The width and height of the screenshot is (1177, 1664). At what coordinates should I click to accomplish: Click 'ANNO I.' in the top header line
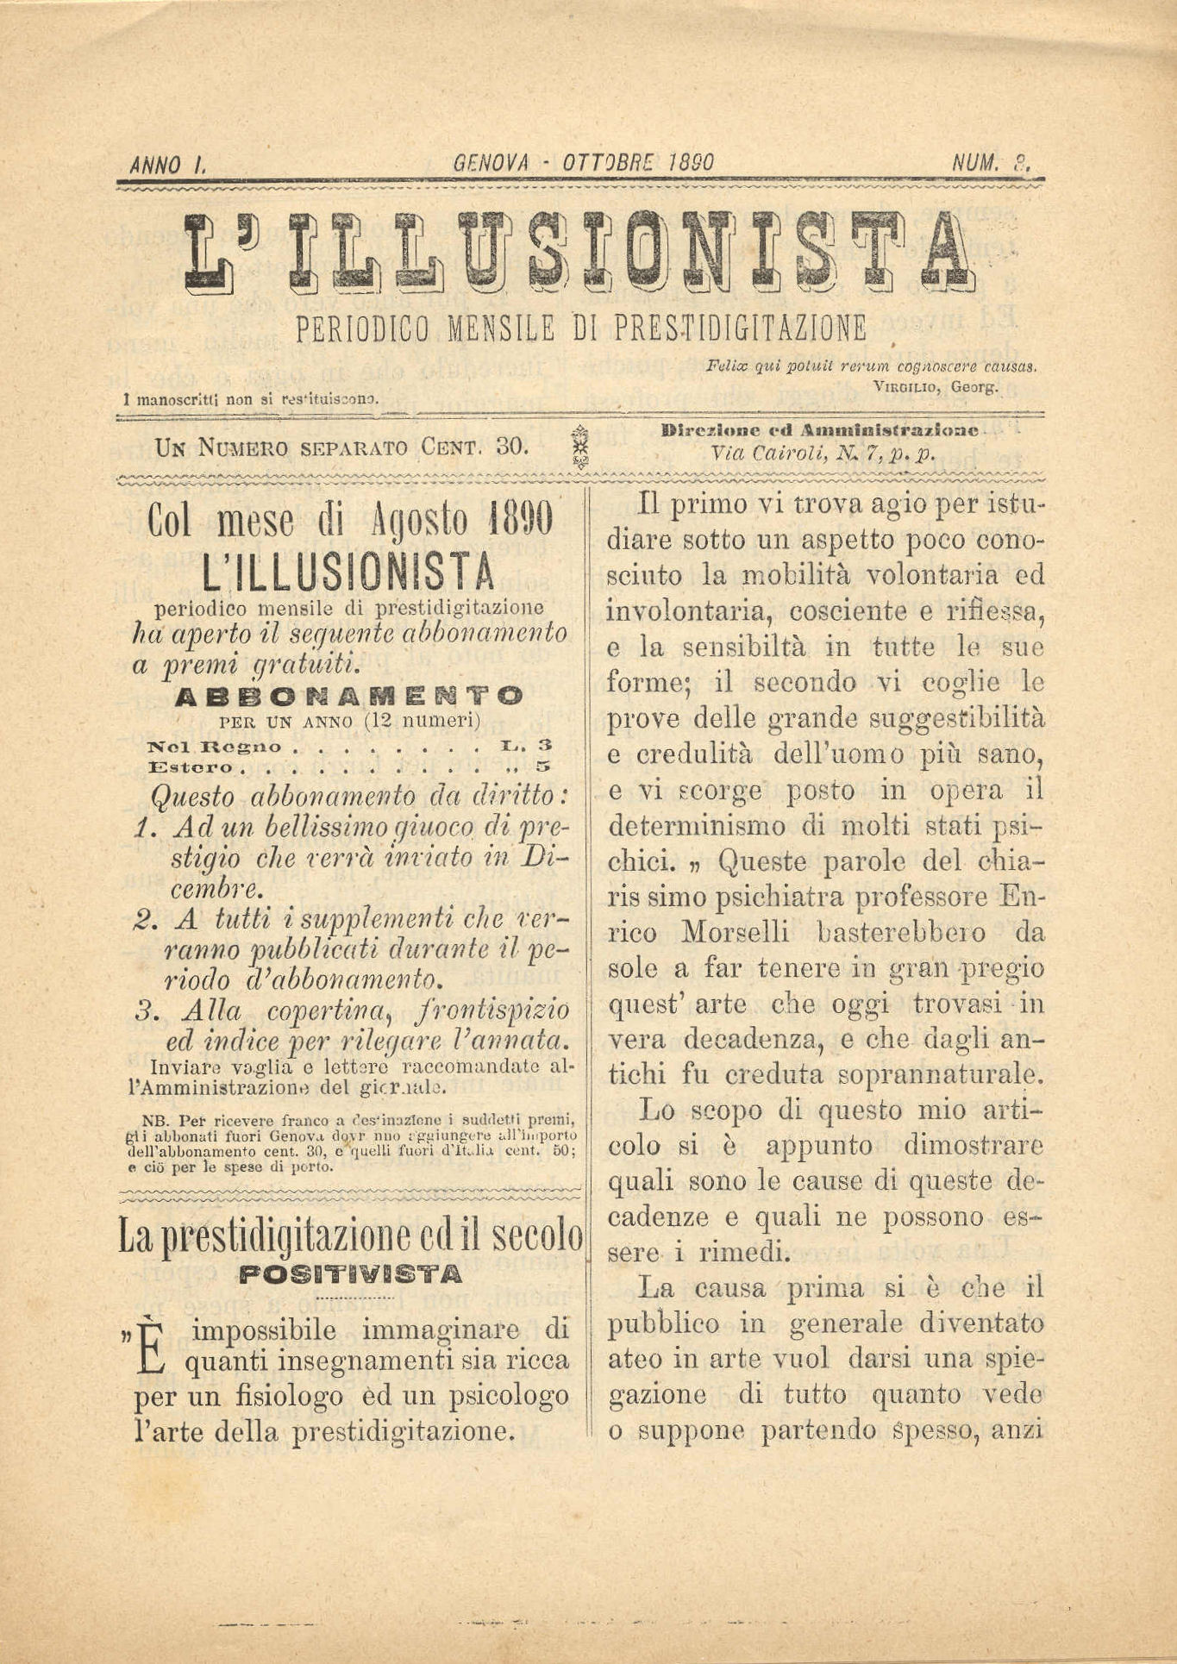tap(165, 164)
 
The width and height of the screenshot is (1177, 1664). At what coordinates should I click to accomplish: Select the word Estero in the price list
tap(191, 766)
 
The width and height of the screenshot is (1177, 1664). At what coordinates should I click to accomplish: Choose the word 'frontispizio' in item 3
tap(491, 1010)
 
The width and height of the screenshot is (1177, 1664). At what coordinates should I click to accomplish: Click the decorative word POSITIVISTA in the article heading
tap(350, 1273)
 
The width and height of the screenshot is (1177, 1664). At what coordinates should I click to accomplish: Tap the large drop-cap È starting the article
tap(151, 1348)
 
